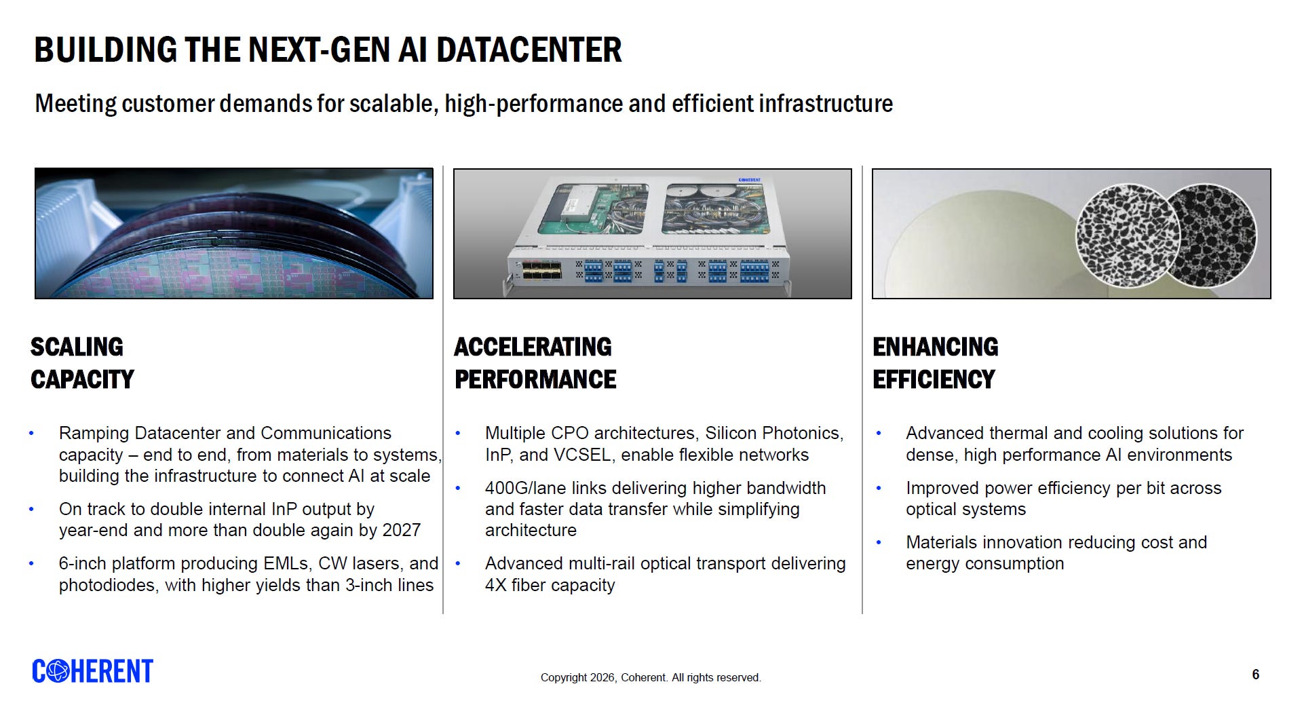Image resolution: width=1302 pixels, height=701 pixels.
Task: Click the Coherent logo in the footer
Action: [93, 671]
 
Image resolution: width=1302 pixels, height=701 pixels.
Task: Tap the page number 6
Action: [1256, 675]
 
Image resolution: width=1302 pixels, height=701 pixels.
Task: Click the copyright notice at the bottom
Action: [651, 677]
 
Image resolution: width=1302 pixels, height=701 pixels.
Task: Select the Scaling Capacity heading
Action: [82, 363]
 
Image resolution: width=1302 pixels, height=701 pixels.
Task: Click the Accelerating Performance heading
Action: [535, 363]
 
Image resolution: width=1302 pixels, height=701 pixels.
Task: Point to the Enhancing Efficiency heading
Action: [936, 363]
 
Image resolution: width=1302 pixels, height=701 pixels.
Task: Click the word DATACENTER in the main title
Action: [529, 50]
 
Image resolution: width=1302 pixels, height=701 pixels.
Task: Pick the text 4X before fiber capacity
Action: [496, 585]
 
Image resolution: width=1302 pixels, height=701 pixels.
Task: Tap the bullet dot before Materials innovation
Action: [879, 543]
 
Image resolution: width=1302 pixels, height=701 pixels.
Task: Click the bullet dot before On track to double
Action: [31, 509]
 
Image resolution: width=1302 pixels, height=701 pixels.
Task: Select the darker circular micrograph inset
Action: [1211, 235]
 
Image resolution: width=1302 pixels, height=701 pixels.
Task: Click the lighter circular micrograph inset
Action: [1126, 235]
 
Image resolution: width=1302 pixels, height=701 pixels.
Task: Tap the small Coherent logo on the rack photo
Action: [750, 180]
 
